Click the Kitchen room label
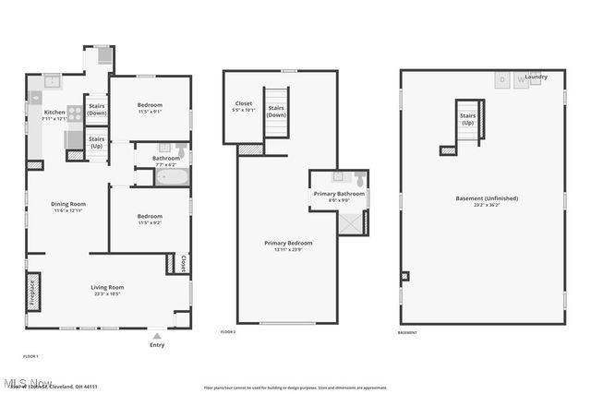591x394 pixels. click(54, 113)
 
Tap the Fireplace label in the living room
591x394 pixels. click(33, 292)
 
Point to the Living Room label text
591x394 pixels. click(108, 287)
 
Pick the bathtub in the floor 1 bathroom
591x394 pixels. click(169, 176)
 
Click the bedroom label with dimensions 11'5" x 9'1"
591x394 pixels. click(150, 105)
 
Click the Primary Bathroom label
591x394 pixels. click(338, 194)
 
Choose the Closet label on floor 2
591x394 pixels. click(244, 104)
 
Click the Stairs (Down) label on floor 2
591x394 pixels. click(276, 111)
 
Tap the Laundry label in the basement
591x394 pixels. click(549, 78)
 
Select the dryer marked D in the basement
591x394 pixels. click(503, 80)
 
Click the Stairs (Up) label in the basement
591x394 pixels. click(467, 119)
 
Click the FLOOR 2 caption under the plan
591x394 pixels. click(228, 332)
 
